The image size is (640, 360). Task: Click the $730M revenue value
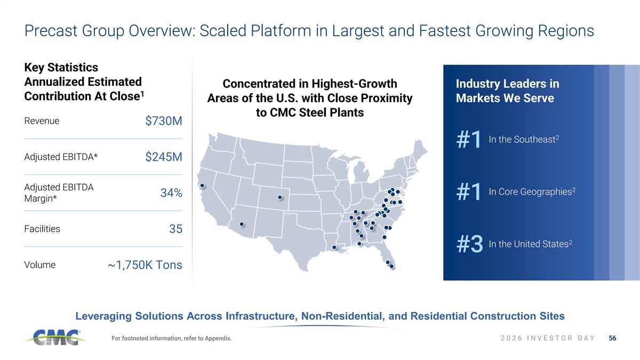point(164,121)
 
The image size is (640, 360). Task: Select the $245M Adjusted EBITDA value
point(164,157)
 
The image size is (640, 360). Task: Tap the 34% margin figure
point(171,193)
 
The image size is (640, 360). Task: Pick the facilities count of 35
point(175,229)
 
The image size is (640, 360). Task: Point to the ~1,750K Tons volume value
point(145,265)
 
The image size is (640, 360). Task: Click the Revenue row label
point(42,121)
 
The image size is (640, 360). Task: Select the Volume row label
point(39,265)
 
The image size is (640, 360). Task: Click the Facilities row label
point(42,229)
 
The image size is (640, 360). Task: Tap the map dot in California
point(202,186)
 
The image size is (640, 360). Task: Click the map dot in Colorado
point(280,197)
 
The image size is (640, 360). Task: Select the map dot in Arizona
point(242,225)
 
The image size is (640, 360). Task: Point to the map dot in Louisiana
point(334,247)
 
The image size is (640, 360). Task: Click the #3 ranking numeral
point(470,244)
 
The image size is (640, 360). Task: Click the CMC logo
point(55,338)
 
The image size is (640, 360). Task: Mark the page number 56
point(612,338)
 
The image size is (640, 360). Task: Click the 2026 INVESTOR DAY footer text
point(548,338)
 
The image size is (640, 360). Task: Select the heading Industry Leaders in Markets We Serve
point(507,91)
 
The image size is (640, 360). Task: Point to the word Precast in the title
point(51,30)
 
